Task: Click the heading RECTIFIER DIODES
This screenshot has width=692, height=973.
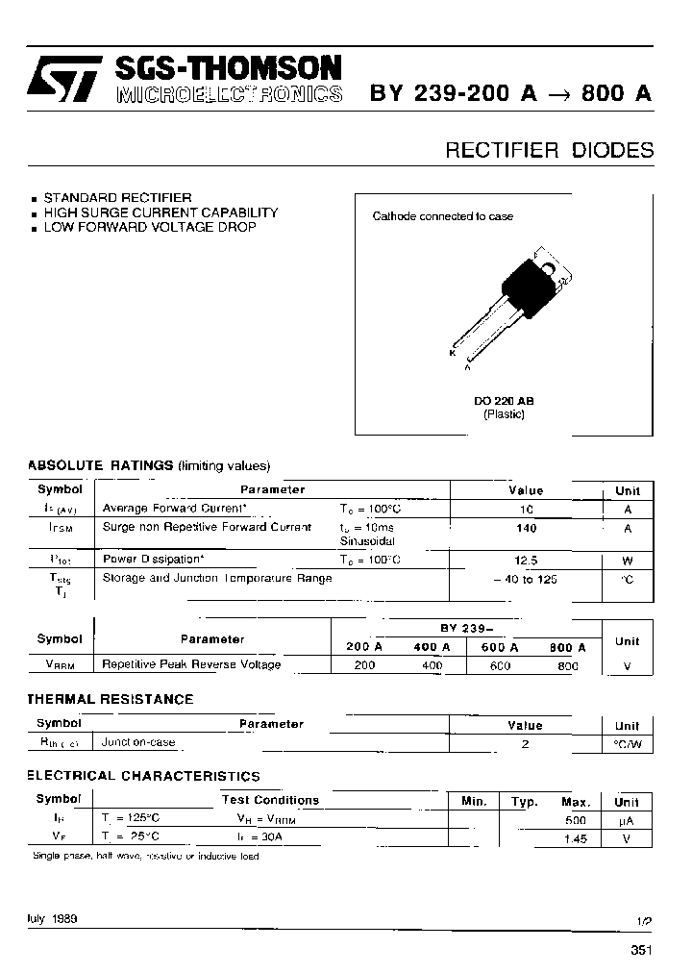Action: [x=549, y=150]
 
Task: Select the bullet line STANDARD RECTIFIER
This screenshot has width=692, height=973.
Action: [x=117, y=197]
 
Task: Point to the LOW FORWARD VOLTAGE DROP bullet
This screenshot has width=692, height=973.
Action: [x=149, y=227]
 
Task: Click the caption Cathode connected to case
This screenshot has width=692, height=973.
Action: [x=442, y=216]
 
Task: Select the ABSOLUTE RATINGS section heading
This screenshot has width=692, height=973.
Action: [x=100, y=464]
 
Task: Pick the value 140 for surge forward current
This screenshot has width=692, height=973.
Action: [x=526, y=528]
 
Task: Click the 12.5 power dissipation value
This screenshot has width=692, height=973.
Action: [x=526, y=559]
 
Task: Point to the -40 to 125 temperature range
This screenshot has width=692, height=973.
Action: [x=525, y=579]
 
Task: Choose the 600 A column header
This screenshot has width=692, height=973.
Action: [x=498, y=647]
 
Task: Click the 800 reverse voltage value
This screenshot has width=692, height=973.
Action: [x=567, y=664]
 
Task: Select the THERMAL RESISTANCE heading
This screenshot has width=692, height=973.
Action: [x=110, y=699]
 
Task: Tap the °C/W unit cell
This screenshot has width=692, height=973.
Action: [x=627, y=743]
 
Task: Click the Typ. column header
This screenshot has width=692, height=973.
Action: [x=524, y=801]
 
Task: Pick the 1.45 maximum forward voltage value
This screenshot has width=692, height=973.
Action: [x=575, y=838]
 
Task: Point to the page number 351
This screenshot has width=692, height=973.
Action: [x=641, y=951]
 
